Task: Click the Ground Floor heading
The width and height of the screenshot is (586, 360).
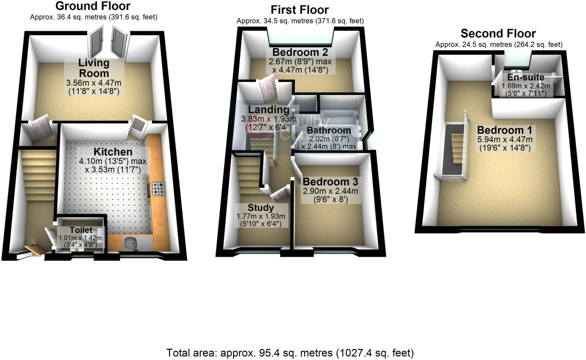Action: coord(93,6)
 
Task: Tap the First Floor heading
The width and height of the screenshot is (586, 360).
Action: coord(300,10)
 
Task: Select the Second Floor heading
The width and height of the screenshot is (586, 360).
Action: coord(498,34)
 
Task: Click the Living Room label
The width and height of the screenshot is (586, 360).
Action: coord(94,68)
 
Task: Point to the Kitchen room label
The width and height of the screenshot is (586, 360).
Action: coord(113,152)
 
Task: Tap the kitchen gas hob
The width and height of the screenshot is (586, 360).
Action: coord(158,188)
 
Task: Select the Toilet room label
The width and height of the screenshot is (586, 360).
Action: coord(81,230)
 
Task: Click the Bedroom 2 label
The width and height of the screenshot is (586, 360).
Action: coord(300,52)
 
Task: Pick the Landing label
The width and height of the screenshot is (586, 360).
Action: coord(268,110)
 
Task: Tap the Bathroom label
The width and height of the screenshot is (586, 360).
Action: coord(329,130)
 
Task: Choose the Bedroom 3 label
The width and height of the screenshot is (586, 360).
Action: coord(330,182)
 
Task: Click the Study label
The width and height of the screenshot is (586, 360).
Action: coord(261,208)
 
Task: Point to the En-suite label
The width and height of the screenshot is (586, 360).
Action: coord(526,77)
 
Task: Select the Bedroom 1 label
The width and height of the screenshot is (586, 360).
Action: coord(504,130)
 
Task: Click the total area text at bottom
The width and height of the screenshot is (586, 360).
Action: coord(290,353)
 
